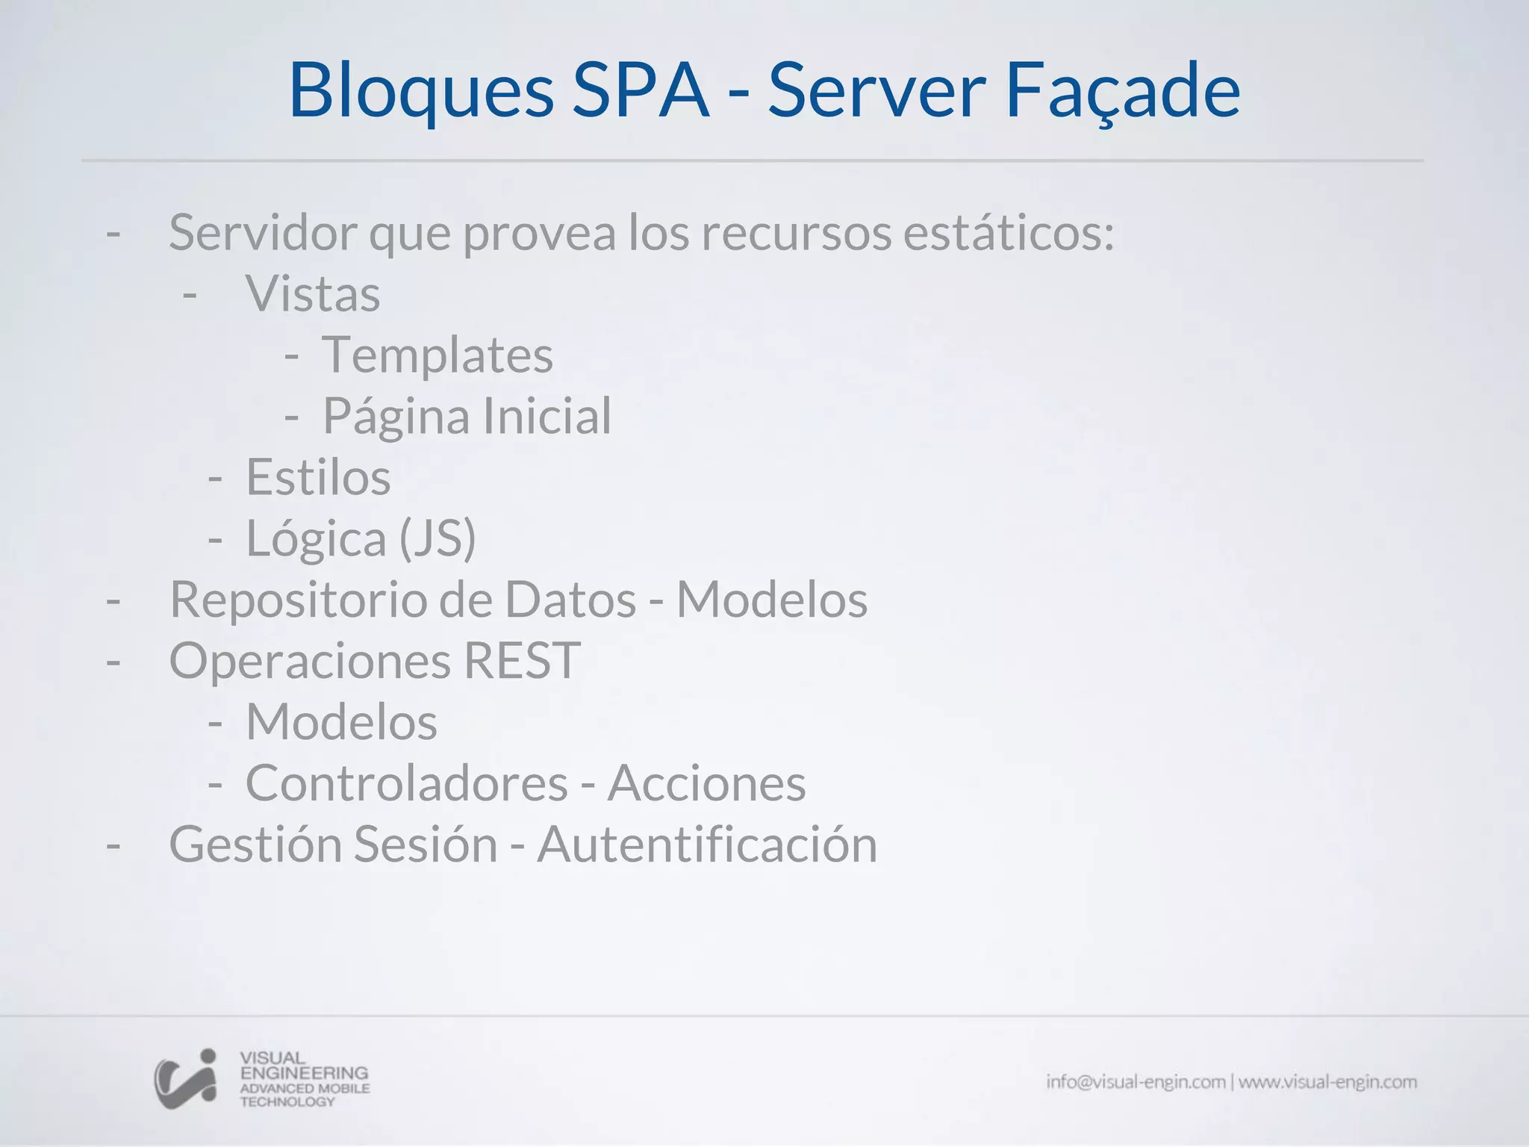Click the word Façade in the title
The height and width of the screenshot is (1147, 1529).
pos(1123,91)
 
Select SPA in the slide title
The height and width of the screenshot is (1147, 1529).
pos(641,91)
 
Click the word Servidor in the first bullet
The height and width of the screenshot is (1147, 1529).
pos(263,232)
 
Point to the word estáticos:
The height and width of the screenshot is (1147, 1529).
pos(1009,232)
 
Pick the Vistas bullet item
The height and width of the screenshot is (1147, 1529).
pos(313,293)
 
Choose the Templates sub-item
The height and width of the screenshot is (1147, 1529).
pos(437,355)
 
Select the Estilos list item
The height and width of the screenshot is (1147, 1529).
pos(318,477)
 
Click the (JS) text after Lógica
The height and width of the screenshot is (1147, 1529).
pos(437,538)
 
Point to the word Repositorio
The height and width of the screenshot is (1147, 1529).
pos(298,600)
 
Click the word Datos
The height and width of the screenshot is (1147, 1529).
pos(570,600)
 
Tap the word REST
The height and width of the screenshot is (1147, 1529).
pos(522,661)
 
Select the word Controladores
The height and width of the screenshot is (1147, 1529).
pos(407,783)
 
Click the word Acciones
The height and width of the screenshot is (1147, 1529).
pos(706,783)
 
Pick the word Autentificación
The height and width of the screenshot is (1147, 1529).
pos(707,845)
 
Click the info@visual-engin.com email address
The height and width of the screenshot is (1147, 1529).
pos(1136,1082)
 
